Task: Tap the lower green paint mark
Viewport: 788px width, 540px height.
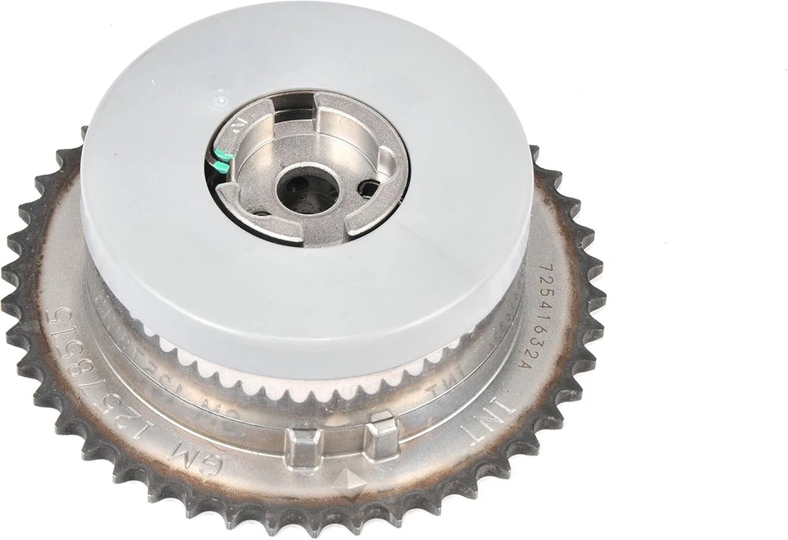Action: (x=218, y=167)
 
